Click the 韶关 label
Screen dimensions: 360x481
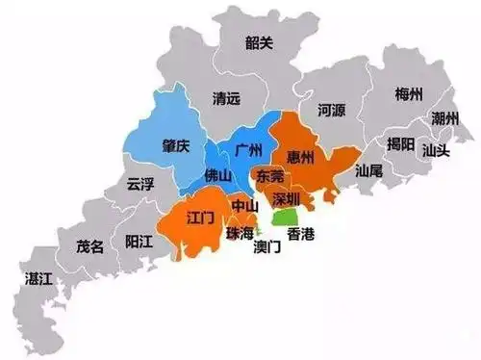(x=259, y=42)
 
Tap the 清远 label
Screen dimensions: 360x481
(x=227, y=98)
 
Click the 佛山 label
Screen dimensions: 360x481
(x=218, y=176)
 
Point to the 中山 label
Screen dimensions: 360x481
(x=244, y=206)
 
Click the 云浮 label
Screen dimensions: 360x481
(x=141, y=186)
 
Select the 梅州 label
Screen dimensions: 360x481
(x=410, y=94)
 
